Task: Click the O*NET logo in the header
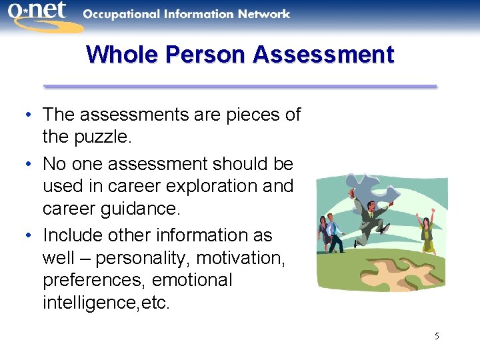coord(41,16)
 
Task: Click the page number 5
coord(437,336)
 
